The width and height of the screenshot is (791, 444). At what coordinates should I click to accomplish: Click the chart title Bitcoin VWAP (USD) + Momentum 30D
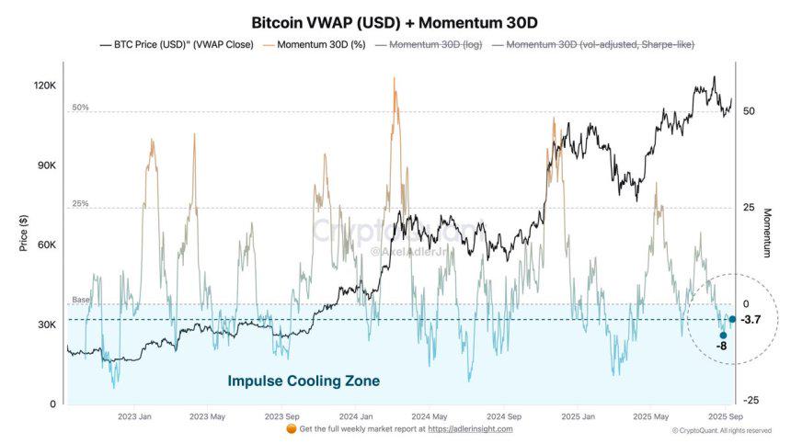click(395, 21)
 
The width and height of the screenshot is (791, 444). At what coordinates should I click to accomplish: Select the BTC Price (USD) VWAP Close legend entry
click(174, 44)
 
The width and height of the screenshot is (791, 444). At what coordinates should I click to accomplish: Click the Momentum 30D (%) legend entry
click(315, 44)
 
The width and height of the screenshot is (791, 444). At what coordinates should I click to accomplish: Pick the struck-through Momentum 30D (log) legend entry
click(430, 44)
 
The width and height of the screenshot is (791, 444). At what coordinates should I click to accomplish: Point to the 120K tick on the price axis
click(45, 85)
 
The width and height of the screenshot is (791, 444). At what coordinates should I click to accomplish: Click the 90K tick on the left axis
click(47, 165)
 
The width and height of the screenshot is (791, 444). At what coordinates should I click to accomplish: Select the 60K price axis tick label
click(47, 245)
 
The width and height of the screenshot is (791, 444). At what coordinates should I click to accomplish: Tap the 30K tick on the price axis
click(47, 325)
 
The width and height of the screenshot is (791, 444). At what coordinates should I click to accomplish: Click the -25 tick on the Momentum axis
click(750, 400)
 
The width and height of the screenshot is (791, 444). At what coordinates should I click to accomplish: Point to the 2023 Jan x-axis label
click(134, 416)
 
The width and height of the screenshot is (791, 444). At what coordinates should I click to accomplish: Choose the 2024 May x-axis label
click(428, 416)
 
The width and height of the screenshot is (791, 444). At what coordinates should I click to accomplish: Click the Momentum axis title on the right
click(767, 232)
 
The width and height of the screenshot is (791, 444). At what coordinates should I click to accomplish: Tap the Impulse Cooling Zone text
click(304, 381)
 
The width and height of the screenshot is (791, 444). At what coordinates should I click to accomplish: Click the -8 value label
click(722, 346)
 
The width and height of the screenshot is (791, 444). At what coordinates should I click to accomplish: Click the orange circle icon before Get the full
click(292, 428)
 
